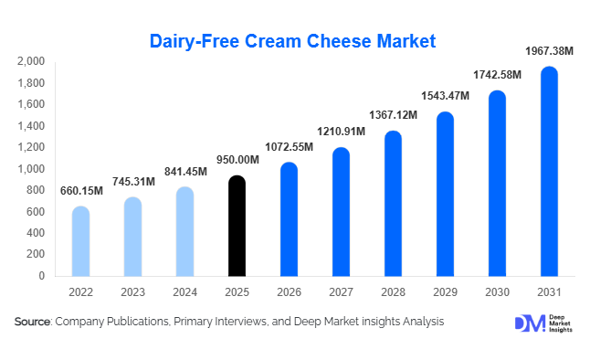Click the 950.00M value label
point(237,161)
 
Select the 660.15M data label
point(82,191)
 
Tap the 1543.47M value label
point(445,96)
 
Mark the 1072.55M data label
point(290,147)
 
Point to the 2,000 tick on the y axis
point(31,62)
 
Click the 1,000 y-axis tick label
point(31,169)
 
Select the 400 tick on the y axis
point(36,233)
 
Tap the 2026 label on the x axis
point(289,292)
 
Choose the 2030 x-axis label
point(497,292)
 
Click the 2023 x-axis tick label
point(132,292)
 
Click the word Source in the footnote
point(33,322)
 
